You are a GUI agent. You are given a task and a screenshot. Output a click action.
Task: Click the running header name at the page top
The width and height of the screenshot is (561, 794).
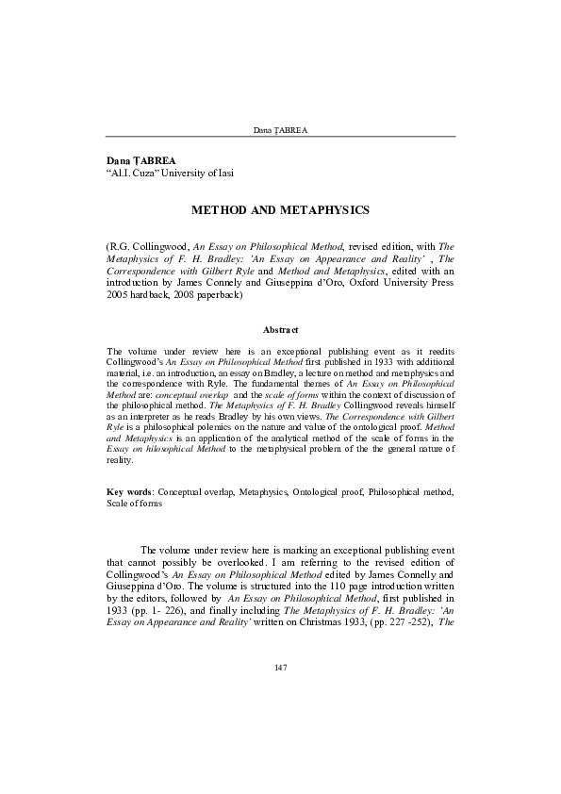[x=280, y=127]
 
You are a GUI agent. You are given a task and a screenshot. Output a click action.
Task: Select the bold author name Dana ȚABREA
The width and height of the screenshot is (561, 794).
[x=141, y=161]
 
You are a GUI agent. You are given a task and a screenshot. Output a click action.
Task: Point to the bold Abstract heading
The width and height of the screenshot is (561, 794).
[x=280, y=329]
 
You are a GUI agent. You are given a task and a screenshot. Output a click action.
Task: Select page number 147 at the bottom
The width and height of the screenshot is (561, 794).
[x=280, y=669]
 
